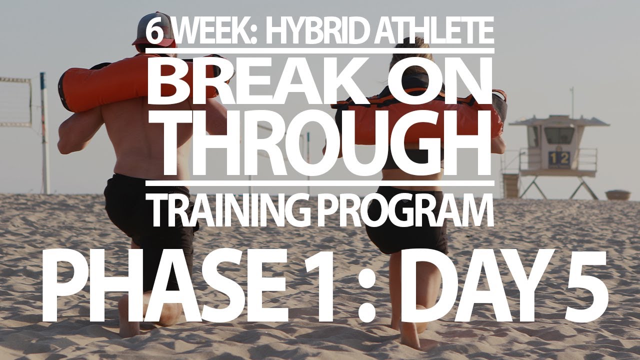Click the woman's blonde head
click(x=407, y=55)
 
